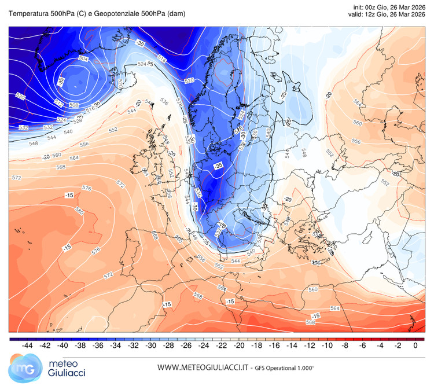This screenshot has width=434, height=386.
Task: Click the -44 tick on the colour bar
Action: pos(26,345)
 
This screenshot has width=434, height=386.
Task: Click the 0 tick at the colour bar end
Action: pos(415,345)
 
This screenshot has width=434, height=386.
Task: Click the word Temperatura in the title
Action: pos(28,14)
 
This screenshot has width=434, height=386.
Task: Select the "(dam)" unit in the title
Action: pos(175,14)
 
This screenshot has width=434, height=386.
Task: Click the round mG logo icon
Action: pos(21,367)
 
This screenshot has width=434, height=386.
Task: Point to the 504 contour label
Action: pos(83,59)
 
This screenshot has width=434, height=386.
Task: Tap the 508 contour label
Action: pos(73,105)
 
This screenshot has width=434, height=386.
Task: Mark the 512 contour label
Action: pos(58,102)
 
